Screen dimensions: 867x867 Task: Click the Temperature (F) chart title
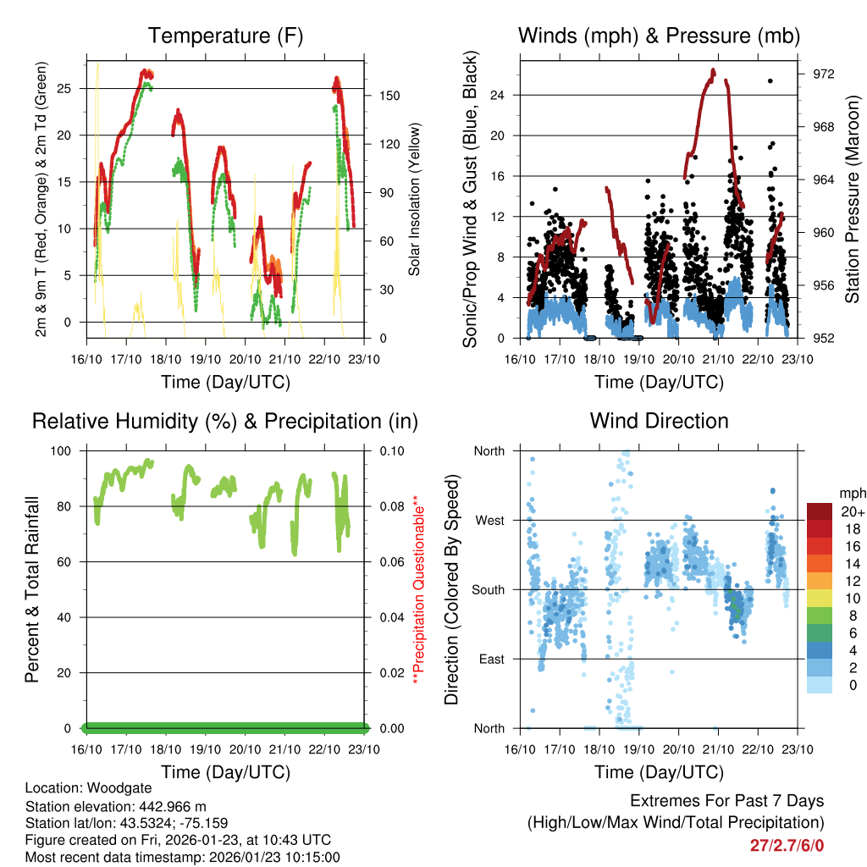click(x=225, y=36)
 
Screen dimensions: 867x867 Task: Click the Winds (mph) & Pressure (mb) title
click(x=659, y=36)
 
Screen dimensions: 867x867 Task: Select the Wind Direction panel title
click(x=659, y=421)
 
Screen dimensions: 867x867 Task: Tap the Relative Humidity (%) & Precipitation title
click(x=225, y=421)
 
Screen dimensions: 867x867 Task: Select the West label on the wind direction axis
click(x=490, y=520)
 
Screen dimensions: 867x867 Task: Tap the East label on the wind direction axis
click(x=491, y=659)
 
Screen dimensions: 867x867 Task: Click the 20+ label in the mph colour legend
click(x=851, y=511)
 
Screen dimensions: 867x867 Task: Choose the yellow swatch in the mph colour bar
click(x=821, y=599)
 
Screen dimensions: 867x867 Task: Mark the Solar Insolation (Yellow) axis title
click(x=415, y=199)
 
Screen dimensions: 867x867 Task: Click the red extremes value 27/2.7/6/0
click(x=787, y=845)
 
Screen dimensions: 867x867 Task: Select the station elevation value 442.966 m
click(x=170, y=805)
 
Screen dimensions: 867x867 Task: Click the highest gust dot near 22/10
click(x=770, y=80)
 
